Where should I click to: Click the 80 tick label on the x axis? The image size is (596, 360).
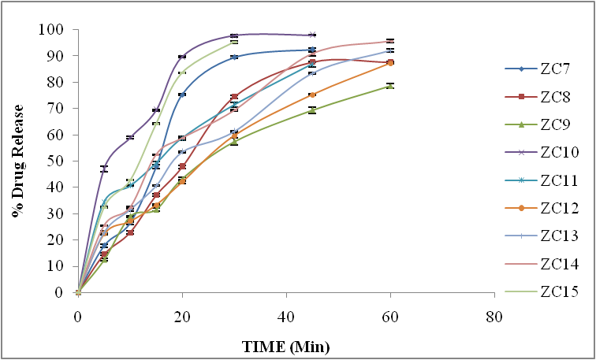[494, 317]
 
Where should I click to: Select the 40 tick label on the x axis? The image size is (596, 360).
[285, 317]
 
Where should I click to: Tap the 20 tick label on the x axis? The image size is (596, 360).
[181, 317]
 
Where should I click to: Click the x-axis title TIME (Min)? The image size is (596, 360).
[285, 346]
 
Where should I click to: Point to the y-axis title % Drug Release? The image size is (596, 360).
[17, 161]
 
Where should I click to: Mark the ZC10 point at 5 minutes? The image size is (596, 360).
[104, 169]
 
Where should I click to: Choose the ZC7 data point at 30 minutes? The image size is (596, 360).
[234, 57]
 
